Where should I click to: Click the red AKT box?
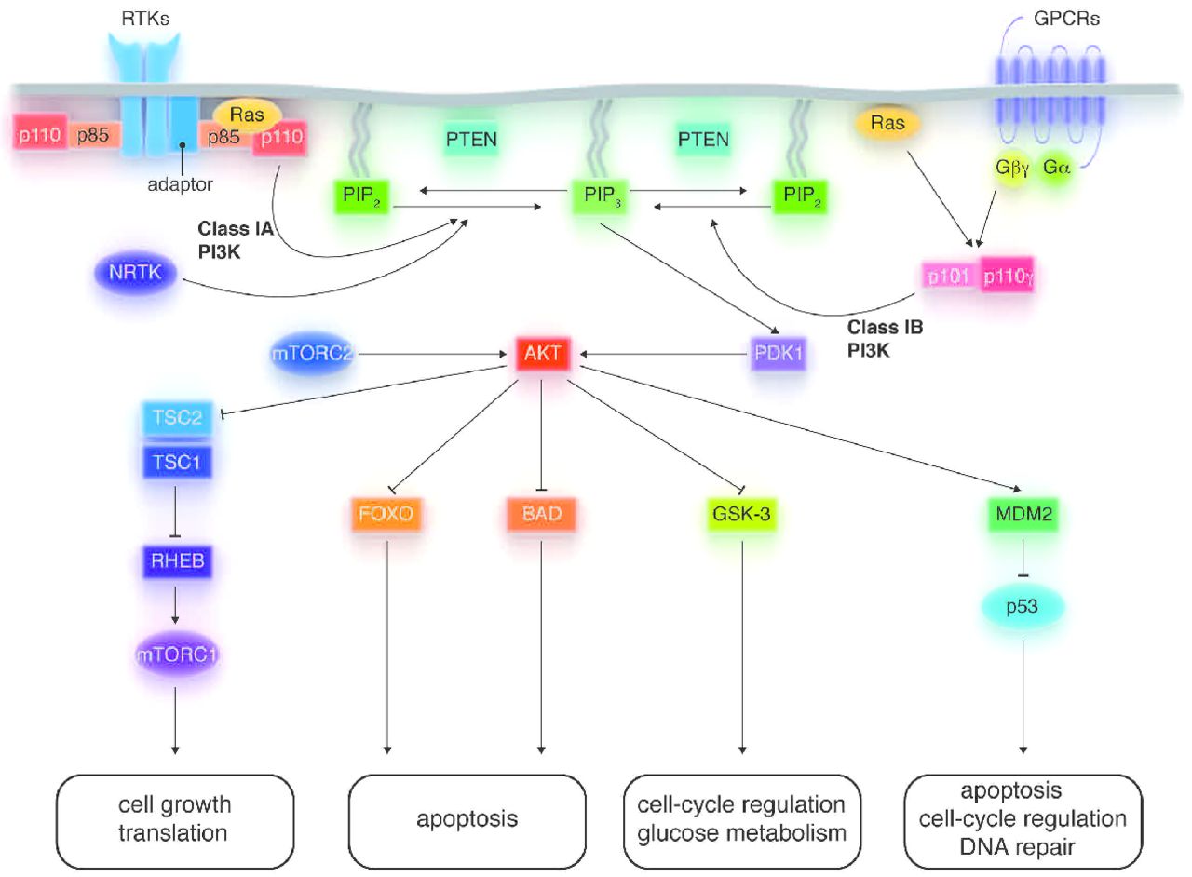tap(542, 354)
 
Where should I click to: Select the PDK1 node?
tap(778, 354)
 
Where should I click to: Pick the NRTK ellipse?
tap(135, 275)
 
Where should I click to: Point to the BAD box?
tap(541, 512)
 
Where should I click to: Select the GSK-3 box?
tap(742, 512)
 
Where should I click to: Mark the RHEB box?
tap(174, 561)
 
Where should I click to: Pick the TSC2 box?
tap(177, 419)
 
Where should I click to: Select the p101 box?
tap(949, 276)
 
